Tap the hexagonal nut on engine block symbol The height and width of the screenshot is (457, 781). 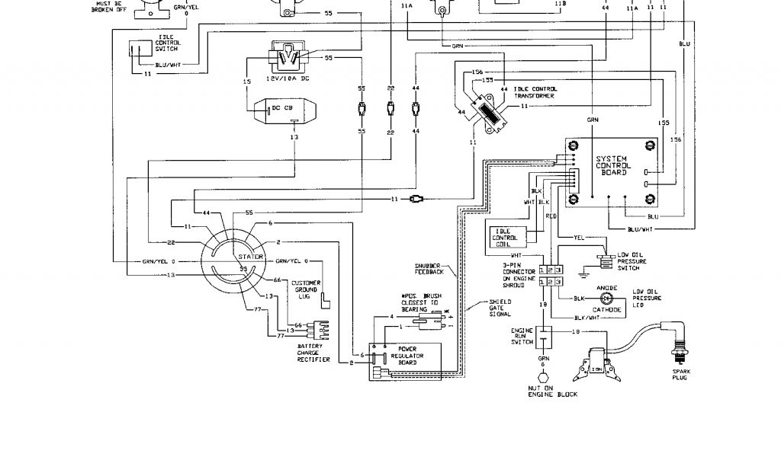544,379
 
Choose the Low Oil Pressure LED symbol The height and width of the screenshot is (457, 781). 608,299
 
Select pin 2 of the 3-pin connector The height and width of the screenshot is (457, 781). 551,270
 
